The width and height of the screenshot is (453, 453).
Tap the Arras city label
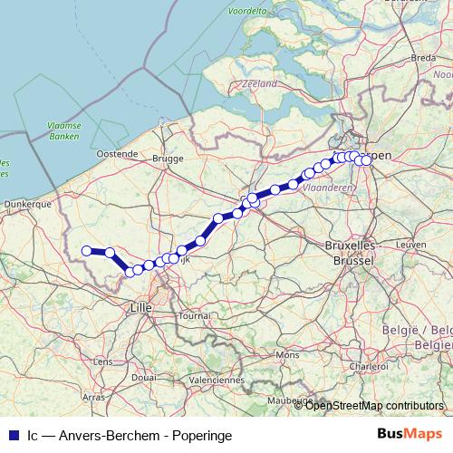point(92,397)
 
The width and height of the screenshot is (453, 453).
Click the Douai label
point(143,377)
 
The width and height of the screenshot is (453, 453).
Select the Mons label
point(286,355)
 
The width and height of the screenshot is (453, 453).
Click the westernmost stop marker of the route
point(87,251)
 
